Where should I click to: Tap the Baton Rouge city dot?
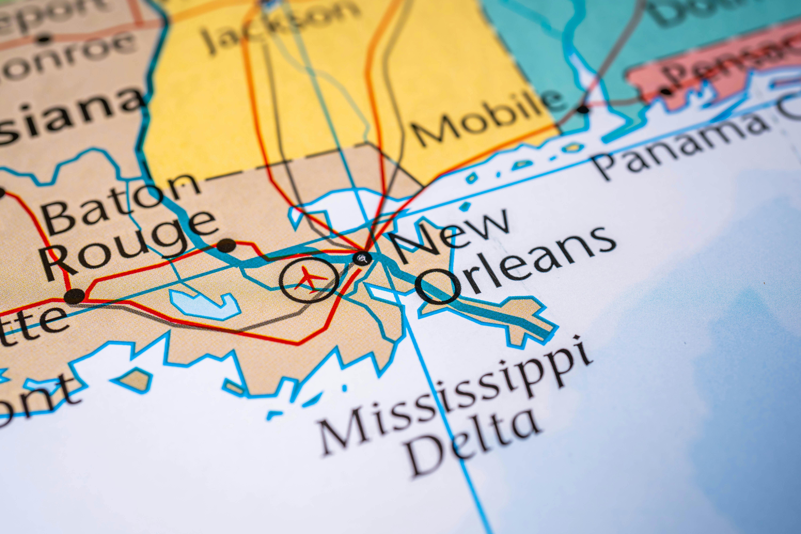[x=226, y=245]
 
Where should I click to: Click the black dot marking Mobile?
[x=583, y=110]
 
